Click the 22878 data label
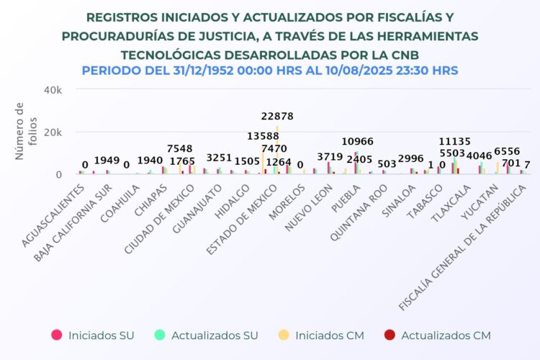coord(276,117)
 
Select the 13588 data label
coord(264,137)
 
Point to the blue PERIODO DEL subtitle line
coord(270,71)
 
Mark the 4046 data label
coord(479,156)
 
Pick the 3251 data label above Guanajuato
coord(219,158)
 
